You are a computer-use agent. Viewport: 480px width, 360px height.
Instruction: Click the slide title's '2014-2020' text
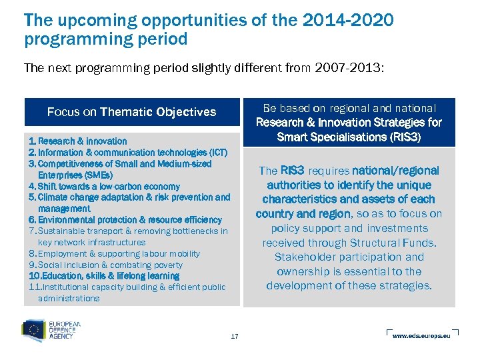347,20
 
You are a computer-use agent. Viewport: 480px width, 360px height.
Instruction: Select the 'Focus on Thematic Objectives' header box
131,112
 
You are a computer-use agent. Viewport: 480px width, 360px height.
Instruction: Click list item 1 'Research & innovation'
82,141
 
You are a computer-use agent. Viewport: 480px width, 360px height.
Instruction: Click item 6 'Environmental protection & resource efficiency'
129,220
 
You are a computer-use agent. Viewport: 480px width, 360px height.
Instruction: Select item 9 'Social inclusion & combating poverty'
110,265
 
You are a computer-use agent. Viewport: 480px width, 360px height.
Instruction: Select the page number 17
234,336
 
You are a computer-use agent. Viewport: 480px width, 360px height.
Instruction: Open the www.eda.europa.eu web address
421,336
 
